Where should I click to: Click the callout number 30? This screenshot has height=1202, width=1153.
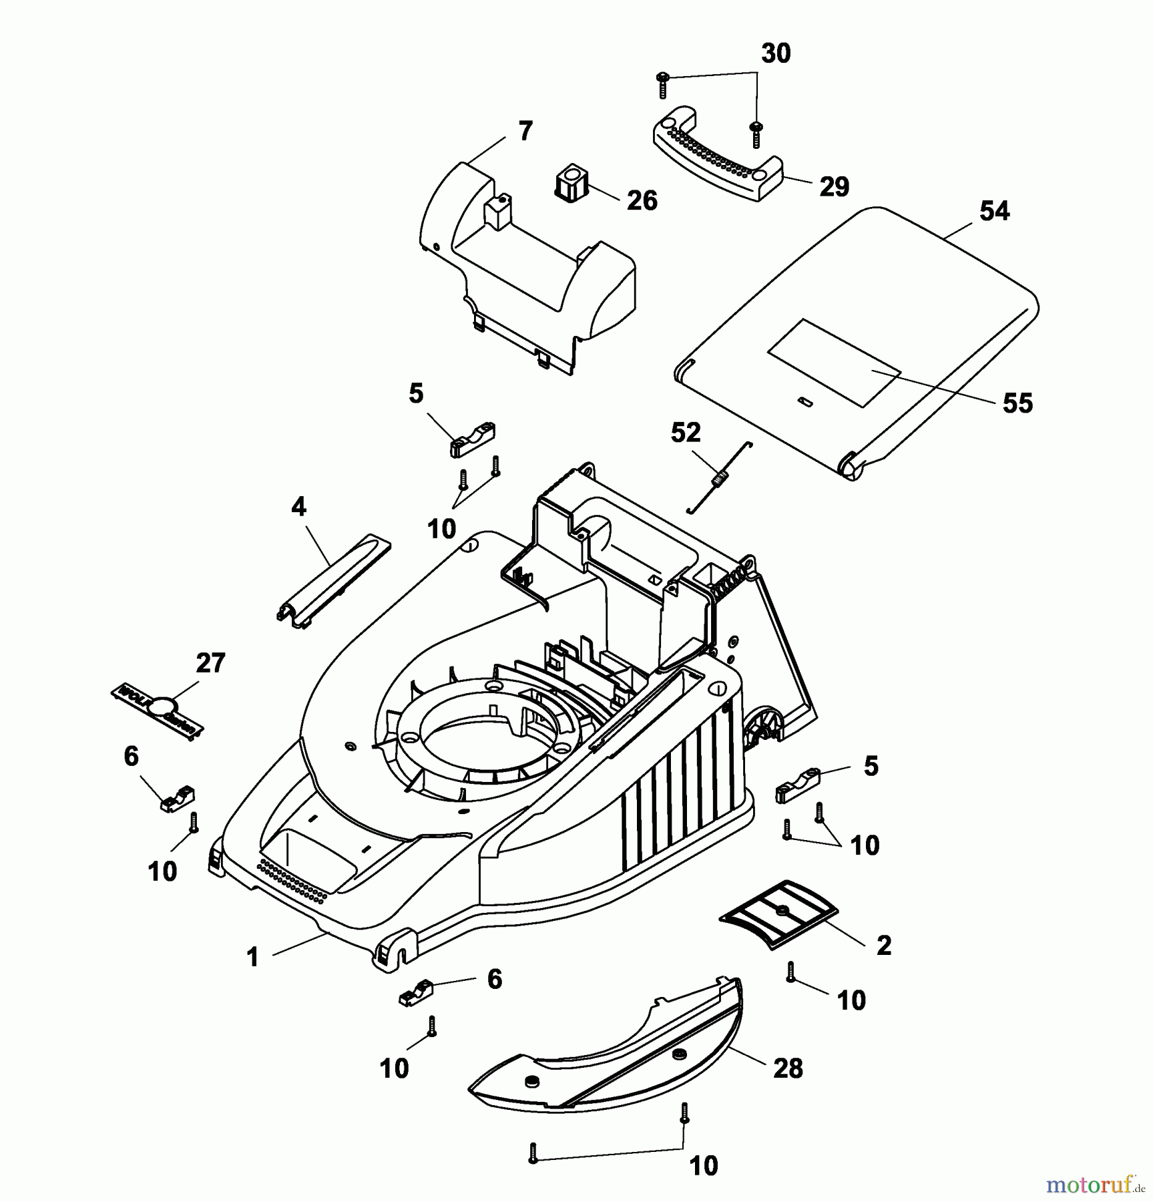(x=776, y=53)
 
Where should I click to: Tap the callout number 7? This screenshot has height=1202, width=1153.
(x=525, y=132)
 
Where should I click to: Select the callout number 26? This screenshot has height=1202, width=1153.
(x=642, y=200)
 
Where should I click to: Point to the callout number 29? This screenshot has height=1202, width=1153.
(x=834, y=186)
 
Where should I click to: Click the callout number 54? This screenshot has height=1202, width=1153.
(x=994, y=211)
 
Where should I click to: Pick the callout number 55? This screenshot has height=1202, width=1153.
(x=1017, y=403)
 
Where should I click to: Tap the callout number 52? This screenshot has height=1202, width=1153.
(x=686, y=433)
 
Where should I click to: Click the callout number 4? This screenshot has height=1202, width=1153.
(x=298, y=508)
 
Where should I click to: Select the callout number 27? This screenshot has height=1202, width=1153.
(x=210, y=663)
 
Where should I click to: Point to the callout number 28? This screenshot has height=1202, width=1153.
(x=788, y=1068)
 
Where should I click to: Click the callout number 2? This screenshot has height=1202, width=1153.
(x=883, y=945)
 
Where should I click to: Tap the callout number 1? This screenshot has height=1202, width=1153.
(x=252, y=958)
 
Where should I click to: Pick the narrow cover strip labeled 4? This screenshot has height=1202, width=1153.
(x=334, y=579)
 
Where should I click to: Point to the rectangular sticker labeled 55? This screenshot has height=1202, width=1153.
(x=834, y=363)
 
